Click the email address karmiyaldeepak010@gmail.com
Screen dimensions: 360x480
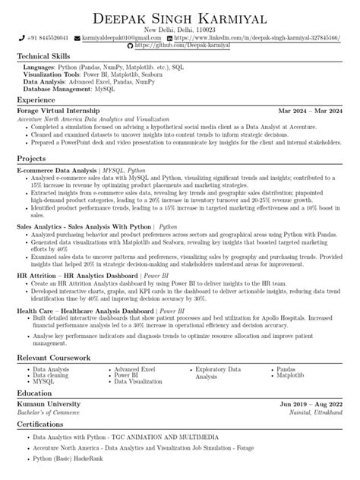point(120,37)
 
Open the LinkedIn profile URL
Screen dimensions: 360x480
point(257,37)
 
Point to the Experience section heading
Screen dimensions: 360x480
point(36,99)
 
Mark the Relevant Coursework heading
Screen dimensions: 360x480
point(54,356)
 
